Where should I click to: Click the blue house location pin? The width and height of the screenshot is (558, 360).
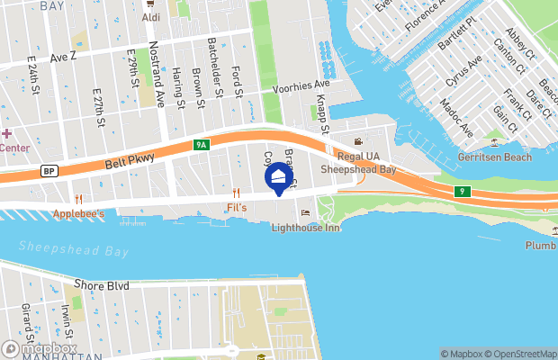[279, 179]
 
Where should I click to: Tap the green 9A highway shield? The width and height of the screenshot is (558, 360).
[201, 144]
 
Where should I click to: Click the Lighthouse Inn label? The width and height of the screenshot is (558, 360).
[306, 228]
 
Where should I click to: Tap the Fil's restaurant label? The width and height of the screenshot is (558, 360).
[237, 207]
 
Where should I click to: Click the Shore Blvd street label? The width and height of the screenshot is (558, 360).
[102, 285]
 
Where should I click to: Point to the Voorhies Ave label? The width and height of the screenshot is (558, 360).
[301, 84]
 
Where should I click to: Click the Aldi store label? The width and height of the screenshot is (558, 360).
[151, 17]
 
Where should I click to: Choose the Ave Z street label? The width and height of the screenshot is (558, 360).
[65, 57]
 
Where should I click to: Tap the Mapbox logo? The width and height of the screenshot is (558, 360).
[40, 348]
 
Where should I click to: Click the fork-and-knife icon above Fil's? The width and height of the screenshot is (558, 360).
[236, 192]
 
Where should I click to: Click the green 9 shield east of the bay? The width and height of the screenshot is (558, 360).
[461, 191]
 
